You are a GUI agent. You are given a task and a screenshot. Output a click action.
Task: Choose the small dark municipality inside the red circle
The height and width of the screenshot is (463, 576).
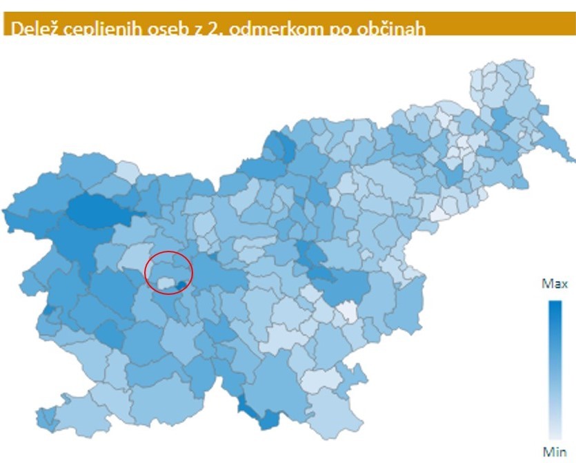point(181,285)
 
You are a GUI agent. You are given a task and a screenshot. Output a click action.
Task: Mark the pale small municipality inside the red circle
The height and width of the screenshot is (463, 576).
point(165,282)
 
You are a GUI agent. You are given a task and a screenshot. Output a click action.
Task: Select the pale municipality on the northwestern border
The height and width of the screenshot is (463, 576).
point(127,171)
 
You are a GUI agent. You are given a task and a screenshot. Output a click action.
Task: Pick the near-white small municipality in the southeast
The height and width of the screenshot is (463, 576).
point(347,313)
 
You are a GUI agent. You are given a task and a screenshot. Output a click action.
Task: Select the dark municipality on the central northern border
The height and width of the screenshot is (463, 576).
point(280,145)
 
